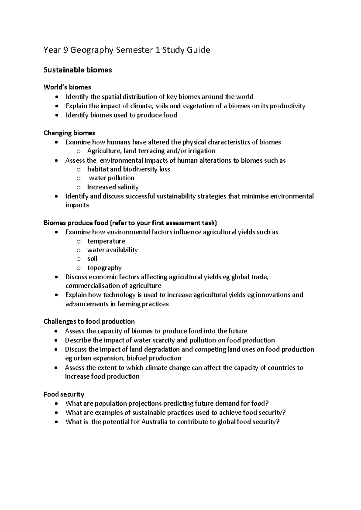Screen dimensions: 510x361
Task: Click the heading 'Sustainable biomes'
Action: click(x=78, y=70)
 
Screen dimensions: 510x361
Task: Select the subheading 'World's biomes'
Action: click(x=67, y=87)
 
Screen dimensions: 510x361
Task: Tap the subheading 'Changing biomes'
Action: click(x=69, y=133)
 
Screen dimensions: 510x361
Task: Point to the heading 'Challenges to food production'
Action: click(x=89, y=321)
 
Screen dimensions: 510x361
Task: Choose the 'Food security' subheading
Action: click(x=64, y=394)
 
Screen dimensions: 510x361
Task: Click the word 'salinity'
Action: click(x=128, y=187)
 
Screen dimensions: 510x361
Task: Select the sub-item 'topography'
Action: click(x=104, y=268)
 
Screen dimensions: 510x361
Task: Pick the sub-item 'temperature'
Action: click(x=106, y=241)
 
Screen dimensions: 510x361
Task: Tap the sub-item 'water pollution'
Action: click(x=112, y=178)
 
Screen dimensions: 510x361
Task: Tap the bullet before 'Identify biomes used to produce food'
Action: click(x=57, y=115)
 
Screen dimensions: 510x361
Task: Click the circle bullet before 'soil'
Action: click(x=79, y=259)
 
